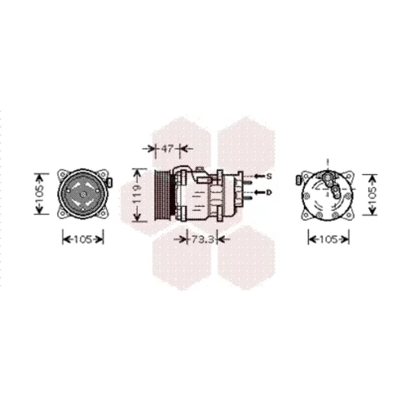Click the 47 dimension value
point(167,149)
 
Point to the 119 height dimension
point(137,195)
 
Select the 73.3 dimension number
point(202,239)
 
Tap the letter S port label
point(268,176)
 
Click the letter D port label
point(268,192)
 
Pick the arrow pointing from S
point(259,176)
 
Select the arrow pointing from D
point(259,192)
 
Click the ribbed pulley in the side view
point(163,195)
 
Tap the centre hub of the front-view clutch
point(83,195)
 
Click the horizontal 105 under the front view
point(83,240)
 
